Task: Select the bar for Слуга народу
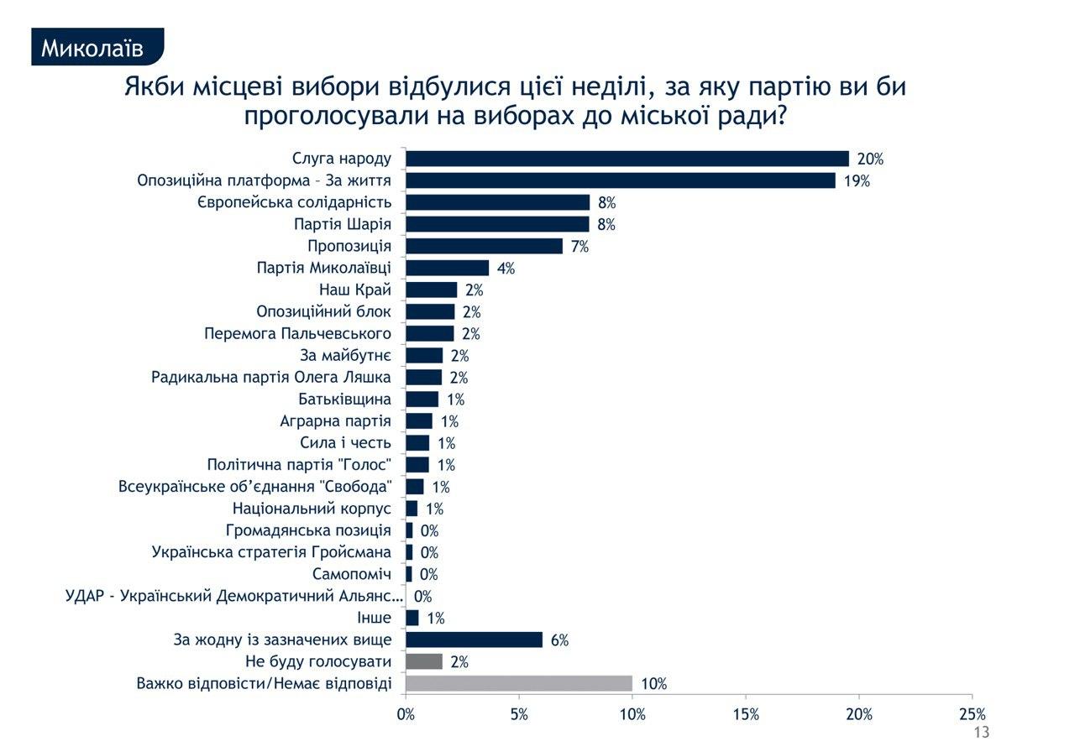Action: coord(627,159)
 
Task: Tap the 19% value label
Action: coord(857,180)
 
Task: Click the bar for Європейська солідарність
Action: coord(497,202)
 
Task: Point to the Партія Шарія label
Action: coord(343,224)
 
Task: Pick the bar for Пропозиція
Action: coord(484,246)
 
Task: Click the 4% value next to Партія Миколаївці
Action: coord(506,269)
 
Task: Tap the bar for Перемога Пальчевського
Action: coord(430,333)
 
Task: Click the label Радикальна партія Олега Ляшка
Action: coord(271,377)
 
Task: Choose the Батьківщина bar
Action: coord(422,399)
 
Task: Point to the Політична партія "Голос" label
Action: coord(299,465)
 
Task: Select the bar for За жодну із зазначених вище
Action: coord(474,640)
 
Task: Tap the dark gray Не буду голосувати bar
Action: coord(424,661)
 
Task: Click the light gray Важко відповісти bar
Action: coord(519,683)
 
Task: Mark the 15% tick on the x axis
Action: coord(746,714)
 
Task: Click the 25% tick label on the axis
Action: coord(972,714)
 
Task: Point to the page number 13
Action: coord(981,733)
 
